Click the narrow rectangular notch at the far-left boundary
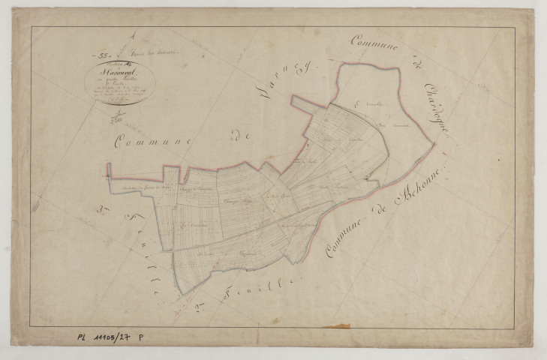click(110, 170)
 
